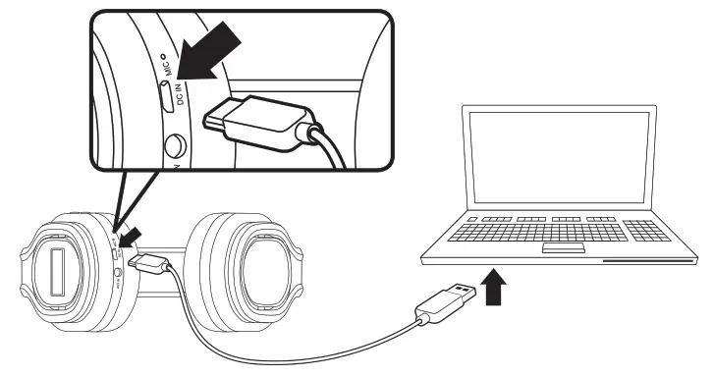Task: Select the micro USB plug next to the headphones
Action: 151,263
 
